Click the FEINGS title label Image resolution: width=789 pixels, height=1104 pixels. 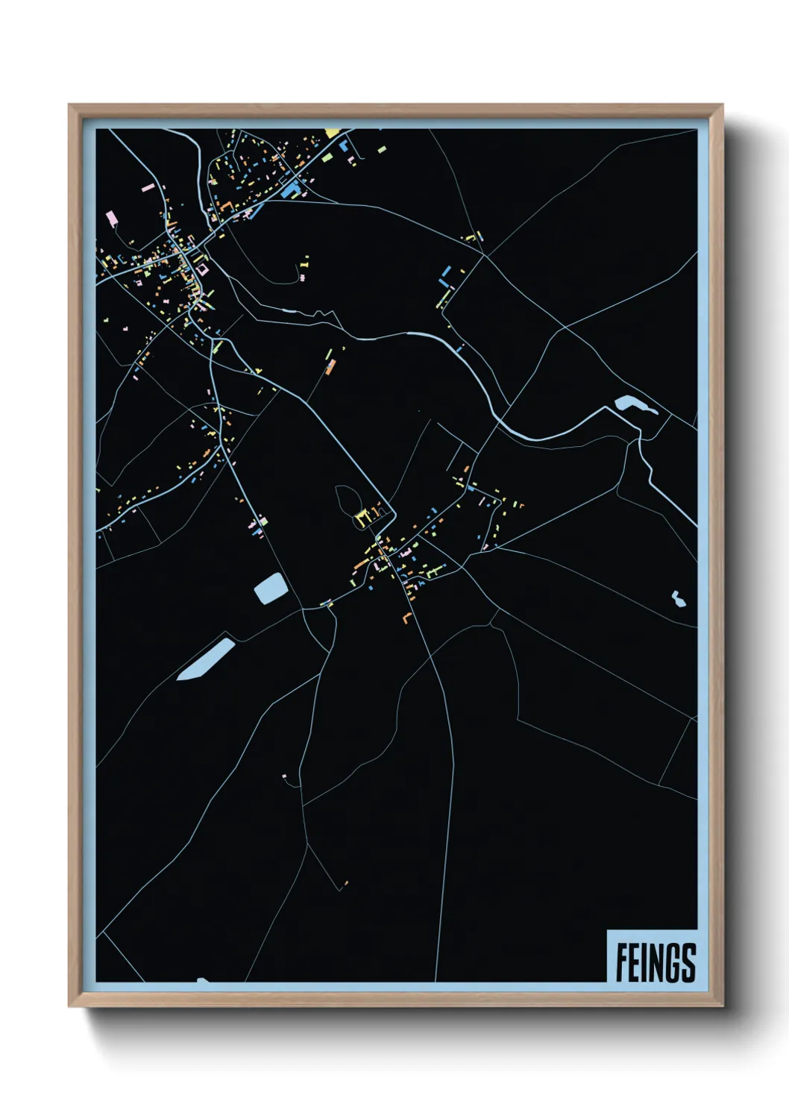pyautogui.click(x=656, y=962)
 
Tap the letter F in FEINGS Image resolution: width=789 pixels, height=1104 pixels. pyautogui.click(x=621, y=963)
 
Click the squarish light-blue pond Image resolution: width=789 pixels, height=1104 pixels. pyautogui.click(x=271, y=589)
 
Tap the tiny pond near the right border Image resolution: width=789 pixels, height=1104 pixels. pyautogui.click(x=678, y=599)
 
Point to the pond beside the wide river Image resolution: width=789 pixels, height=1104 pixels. pyautogui.click(x=632, y=405)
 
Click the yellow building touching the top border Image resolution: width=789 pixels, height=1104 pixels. pyautogui.click(x=332, y=133)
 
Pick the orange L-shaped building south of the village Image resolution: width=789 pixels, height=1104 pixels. pyautogui.click(x=406, y=618)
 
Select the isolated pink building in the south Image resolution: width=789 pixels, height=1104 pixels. pyautogui.click(x=284, y=777)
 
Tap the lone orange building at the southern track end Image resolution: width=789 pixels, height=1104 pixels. pyautogui.click(x=346, y=884)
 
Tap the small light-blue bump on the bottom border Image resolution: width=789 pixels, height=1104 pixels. pyautogui.click(x=201, y=980)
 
